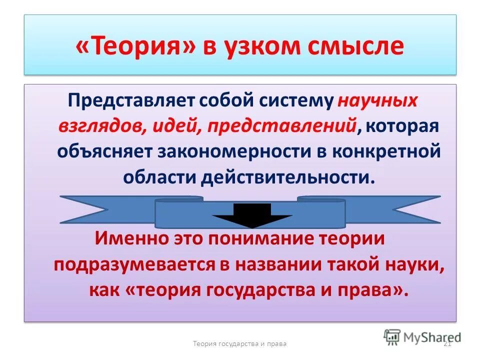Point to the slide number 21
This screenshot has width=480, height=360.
click(x=447, y=344)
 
